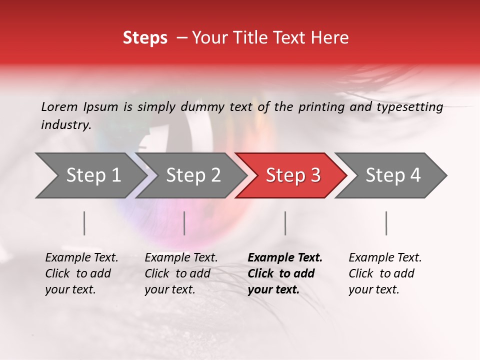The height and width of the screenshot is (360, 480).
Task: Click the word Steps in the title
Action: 145,38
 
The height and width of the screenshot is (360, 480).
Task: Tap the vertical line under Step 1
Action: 84,223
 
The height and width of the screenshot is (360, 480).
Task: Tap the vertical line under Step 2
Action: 184,223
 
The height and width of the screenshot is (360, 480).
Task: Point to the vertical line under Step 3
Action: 285,223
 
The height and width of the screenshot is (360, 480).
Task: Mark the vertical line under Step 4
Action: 386,223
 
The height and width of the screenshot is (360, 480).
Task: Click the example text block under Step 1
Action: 81,273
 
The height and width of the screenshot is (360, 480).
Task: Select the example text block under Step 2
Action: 181,273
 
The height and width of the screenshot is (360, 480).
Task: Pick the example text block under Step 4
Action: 385,273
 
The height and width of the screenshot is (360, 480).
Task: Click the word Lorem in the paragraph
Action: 59,107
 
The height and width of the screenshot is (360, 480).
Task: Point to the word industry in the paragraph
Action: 65,125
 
